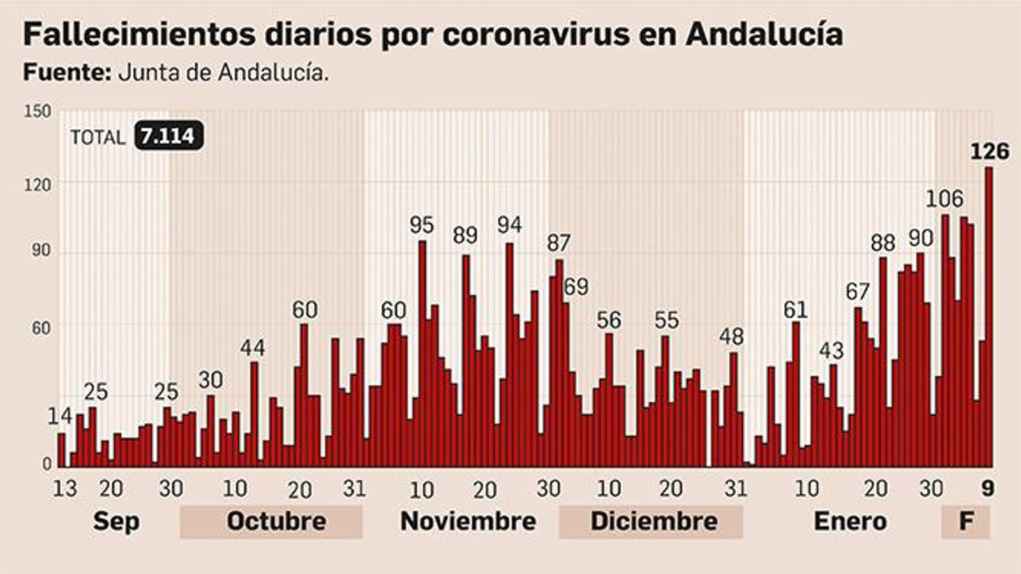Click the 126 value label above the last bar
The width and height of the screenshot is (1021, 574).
pos(990,152)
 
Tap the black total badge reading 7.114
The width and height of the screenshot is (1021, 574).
pos(169,136)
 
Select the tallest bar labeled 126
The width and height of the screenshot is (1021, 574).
pos(988,319)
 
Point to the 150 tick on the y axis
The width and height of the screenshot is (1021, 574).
pos(37,112)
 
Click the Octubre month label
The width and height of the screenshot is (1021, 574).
pos(276,522)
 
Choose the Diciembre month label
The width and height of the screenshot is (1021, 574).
pos(653,522)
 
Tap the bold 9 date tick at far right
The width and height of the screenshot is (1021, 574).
pos(988,489)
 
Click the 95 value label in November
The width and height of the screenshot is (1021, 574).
pos(421,225)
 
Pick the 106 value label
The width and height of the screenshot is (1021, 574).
pos(944,200)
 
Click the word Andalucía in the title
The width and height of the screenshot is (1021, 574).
pos(764,35)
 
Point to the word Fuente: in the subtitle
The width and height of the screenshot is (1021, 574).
pos(67,73)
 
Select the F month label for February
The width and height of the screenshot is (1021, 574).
pos(966,522)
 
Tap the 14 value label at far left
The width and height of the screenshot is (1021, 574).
pos(59,416)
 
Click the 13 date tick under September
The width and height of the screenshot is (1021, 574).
pos(64,489)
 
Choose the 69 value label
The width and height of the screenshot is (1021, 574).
pos(576,287)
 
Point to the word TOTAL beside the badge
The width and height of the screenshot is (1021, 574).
pos(98,137)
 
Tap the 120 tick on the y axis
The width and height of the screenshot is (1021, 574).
pos(37,185)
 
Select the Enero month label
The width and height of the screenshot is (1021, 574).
pos(850,522)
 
